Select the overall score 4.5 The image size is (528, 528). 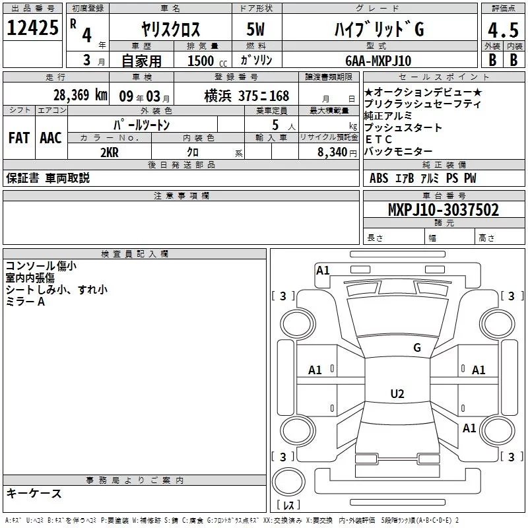[x=502, y=30]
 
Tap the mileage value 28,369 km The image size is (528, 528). [x=80, y=95]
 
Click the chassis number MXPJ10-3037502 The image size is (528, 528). [x=444, y=210]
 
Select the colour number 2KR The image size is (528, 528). [x=109, y=152]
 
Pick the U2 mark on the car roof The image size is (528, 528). [x=397, y=394]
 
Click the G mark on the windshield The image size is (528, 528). [x=417, y=348]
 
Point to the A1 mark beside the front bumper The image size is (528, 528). [x=323, y=270]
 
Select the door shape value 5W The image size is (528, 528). [x=257, y=30]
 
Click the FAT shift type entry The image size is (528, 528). [x=18, y=138]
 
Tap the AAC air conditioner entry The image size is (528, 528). [x=51, y=138]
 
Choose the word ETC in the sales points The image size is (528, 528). [x=379, y=139]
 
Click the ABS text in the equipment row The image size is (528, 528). [x=379, y=178]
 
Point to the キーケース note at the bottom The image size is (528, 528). [x=34, y=493]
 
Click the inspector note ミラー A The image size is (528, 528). [x=26, y=302]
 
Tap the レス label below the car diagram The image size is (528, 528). [x=288, y=505]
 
